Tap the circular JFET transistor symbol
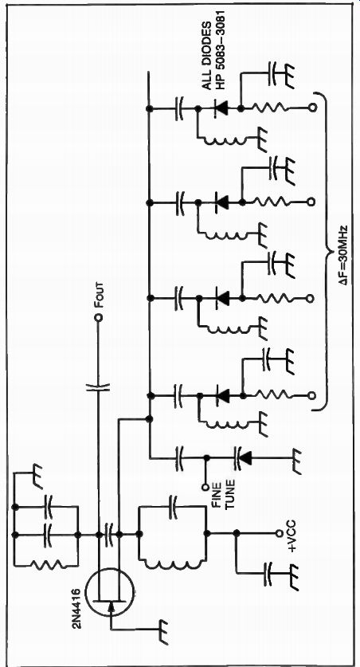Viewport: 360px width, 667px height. coord(109,592)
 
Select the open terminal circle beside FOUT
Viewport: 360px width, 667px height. coord(99,318)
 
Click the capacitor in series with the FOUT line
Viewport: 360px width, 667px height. coord(99,387)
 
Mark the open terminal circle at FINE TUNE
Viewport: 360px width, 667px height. coord(205,487)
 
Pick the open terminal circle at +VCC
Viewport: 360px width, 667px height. coord(280,533)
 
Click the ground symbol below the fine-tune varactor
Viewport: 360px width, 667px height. coord(296,461)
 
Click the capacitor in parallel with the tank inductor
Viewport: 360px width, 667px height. coord(173,507)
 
